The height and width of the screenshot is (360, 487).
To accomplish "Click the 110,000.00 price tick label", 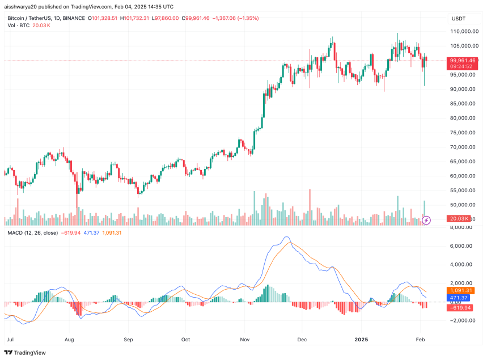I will pos(463,31).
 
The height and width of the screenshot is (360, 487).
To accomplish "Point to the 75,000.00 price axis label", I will pos(462,133).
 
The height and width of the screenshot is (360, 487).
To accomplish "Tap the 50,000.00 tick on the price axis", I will pos(462,205).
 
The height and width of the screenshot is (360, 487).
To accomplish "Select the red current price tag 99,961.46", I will pos(463,60).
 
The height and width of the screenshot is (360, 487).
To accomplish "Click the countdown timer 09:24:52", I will pos(461,66).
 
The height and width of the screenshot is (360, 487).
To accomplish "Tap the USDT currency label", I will pos(459,19).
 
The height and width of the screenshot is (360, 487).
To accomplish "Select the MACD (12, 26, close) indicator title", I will pos(32,232).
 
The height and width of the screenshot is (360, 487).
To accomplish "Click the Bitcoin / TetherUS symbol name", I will pos(31,18).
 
